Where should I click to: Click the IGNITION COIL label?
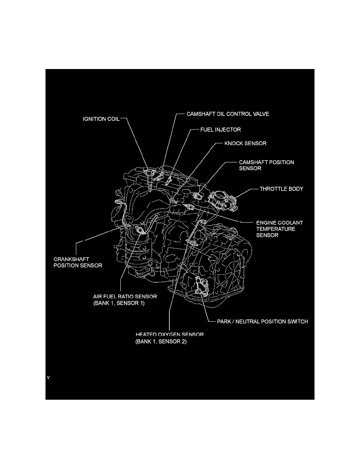(101, 119)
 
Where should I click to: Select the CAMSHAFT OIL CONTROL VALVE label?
(228, 114)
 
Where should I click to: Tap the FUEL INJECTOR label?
(220, 129)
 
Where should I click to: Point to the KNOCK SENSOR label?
(245, 143)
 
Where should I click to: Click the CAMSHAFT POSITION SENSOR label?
(266, 165)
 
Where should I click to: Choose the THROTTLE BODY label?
(281, 189)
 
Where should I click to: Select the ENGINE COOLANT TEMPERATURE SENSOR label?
(280, 229)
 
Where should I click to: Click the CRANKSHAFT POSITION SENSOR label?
(78, 262)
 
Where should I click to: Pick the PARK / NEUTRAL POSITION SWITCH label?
(262, 321)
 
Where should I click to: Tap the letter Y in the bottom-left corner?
(48, 378)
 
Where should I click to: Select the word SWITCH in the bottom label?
(297, 321)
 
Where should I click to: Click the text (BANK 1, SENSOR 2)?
(161, 342)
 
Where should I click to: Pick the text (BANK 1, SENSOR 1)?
(119, 303)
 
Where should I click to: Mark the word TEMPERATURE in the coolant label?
(276, 229)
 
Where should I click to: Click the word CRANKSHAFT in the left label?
(71, 259)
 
